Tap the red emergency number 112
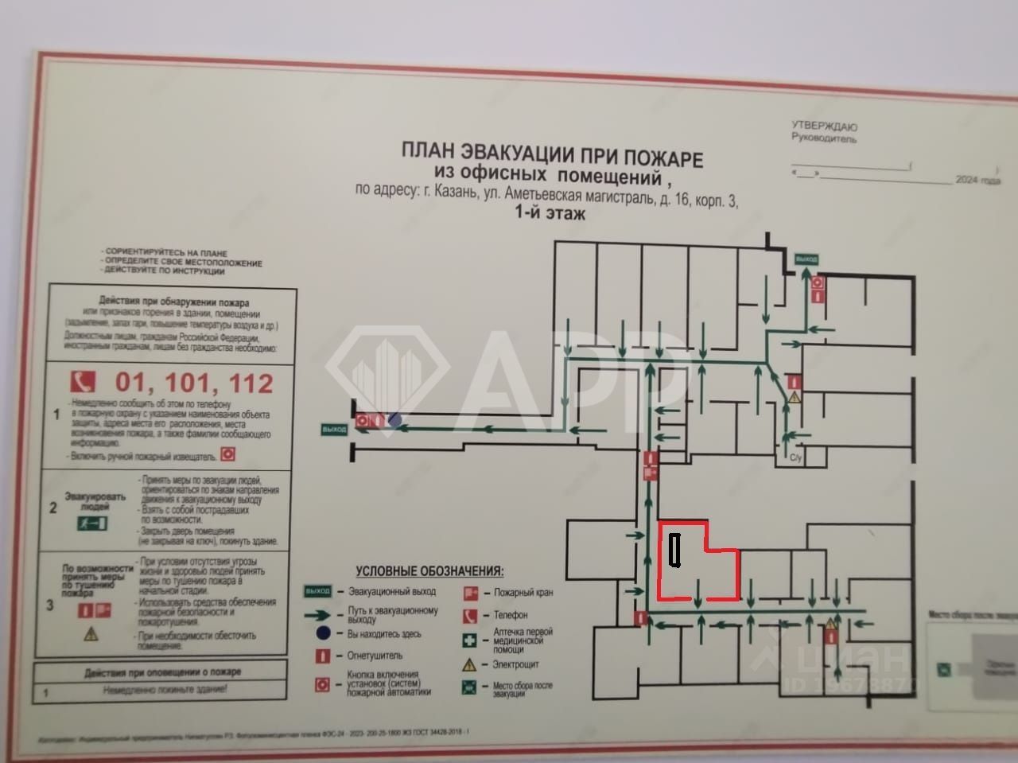[x=251, y=383]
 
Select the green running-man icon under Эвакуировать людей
[x=92, y=523]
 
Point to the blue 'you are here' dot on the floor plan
[x=394, y=420]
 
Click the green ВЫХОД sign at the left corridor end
[x=335, y=430]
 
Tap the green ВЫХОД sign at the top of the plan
[x=806, y=259]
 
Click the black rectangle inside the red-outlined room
[x=675, y=551]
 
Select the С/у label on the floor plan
[x=795, y=457]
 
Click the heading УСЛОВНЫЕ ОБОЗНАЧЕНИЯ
[x=429, y=570]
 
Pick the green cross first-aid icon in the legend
[x=471, y=640]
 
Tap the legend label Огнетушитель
[x=375, y=656]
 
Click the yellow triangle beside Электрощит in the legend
[x=471, y=664]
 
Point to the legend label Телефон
[x=510, y=614]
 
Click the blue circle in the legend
[x=322, y=634]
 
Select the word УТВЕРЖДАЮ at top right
[x=824, y=126]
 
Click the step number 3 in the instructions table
[x=50, y=605]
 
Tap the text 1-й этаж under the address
[x=550, y=213]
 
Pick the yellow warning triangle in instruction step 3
[x=91, y=634]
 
